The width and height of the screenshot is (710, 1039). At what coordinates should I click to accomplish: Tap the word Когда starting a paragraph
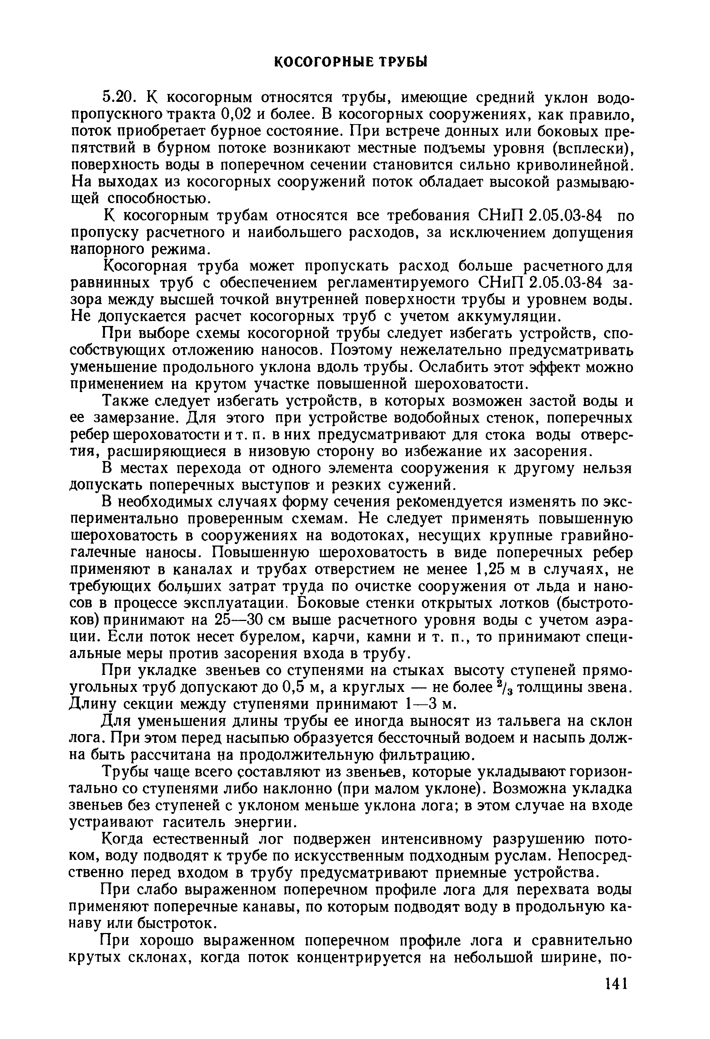(x=125, y=839)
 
